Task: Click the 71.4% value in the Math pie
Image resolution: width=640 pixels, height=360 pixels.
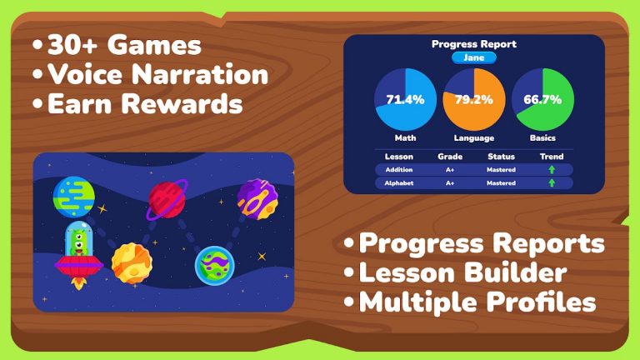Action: click(x=406, y=99)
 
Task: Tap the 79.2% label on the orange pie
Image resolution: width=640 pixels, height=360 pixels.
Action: click(x=474, y=99)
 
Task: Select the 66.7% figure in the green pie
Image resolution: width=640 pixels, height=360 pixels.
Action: click(x=542, y=99)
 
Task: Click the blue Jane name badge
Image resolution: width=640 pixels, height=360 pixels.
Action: click(x=474, y=57)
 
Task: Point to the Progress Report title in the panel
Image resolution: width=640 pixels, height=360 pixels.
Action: click(x=474, y=44)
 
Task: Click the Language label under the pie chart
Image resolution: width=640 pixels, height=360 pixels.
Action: click(x=474, y=138)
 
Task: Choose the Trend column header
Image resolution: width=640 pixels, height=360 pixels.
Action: click(x=551, y=157)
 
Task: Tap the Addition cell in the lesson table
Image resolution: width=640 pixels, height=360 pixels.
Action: click(x=394, y=170)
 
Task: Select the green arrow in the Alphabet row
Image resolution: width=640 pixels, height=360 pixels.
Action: click(x=551, y=183)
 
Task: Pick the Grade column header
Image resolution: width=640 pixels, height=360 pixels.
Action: click(x=450, y=157)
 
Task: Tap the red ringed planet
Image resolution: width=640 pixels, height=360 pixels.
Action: click(x=167, y=200)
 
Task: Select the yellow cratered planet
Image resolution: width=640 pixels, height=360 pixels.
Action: click(x=131, y=262)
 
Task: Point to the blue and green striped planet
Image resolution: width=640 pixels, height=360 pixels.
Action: click(x=73, y=196)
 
